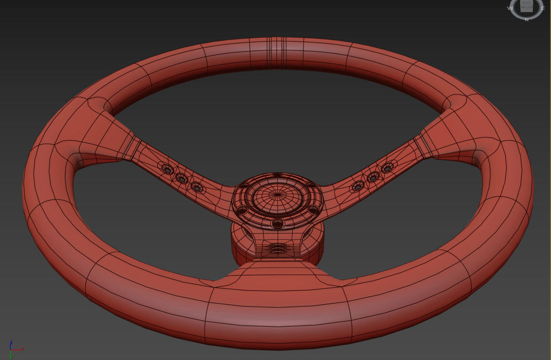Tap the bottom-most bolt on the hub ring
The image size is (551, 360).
coord(278,224)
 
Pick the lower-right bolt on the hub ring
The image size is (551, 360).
coord(314,210)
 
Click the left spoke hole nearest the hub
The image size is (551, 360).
coord(197,188)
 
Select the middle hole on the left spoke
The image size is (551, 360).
coord(181,178)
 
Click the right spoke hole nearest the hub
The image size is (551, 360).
coord(358,187)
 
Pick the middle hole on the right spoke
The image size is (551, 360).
coord(373,177)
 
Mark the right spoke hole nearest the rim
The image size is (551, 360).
coord(387,167)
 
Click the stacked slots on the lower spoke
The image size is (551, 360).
coord(278,248)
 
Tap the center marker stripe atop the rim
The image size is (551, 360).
coord(277,53)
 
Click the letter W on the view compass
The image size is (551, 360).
coord(510,8)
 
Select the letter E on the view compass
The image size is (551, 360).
coord(543,8)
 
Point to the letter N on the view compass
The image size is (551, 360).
coord(526,19)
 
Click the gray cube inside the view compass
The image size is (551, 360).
coord(526,6)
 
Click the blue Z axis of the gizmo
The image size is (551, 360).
coord(11,344)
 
